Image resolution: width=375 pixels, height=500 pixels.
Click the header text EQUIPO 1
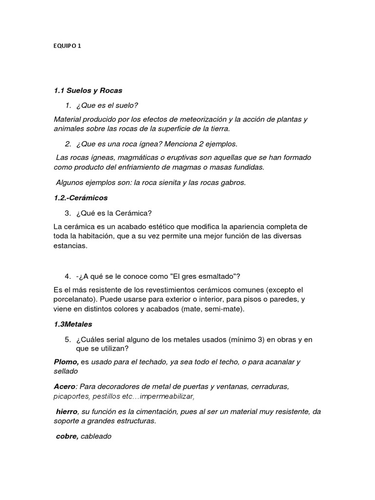click(67, 46)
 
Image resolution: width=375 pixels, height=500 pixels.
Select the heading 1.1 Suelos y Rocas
click(88, 90)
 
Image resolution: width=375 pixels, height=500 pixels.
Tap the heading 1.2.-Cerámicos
click(81, 198)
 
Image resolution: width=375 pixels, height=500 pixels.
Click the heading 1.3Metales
click(73, 324)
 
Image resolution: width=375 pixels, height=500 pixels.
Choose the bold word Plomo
click(66, 362)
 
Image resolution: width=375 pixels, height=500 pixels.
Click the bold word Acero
click(65, 386)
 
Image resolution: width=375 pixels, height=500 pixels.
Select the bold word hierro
click(66, 412)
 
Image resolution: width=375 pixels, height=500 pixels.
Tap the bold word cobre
click(67, 436)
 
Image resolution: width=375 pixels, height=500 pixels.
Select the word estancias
click(70, 246)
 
